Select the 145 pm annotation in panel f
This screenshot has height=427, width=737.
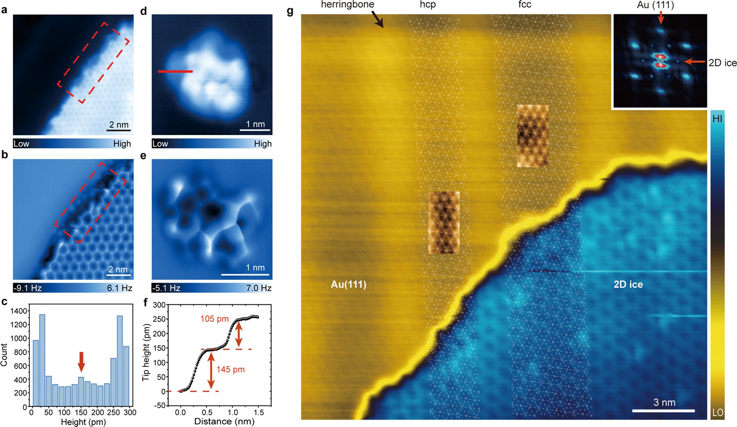pos(230,369)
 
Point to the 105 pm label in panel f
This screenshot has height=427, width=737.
pos(214,319)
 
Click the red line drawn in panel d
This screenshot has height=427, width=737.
pos(175,71)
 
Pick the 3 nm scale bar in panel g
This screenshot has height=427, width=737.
pos(663,411)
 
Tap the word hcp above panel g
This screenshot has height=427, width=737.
pos(428,5)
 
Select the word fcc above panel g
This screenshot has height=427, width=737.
pos(524,5)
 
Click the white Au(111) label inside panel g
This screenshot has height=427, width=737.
pos(348,284)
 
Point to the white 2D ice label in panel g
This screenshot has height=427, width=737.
pos(628,284)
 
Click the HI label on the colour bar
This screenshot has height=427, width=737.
pos(717,119)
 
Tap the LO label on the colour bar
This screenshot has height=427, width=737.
pos(718,412)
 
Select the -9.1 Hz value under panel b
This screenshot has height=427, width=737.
pos(28,288)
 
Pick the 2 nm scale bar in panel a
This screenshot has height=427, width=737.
pos(119,130)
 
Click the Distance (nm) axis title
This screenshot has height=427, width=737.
pos(224,421)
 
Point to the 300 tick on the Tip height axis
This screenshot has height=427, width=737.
pos(159,305)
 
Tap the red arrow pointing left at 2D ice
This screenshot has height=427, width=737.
pos(695,62)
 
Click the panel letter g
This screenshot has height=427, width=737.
pos(290,11)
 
